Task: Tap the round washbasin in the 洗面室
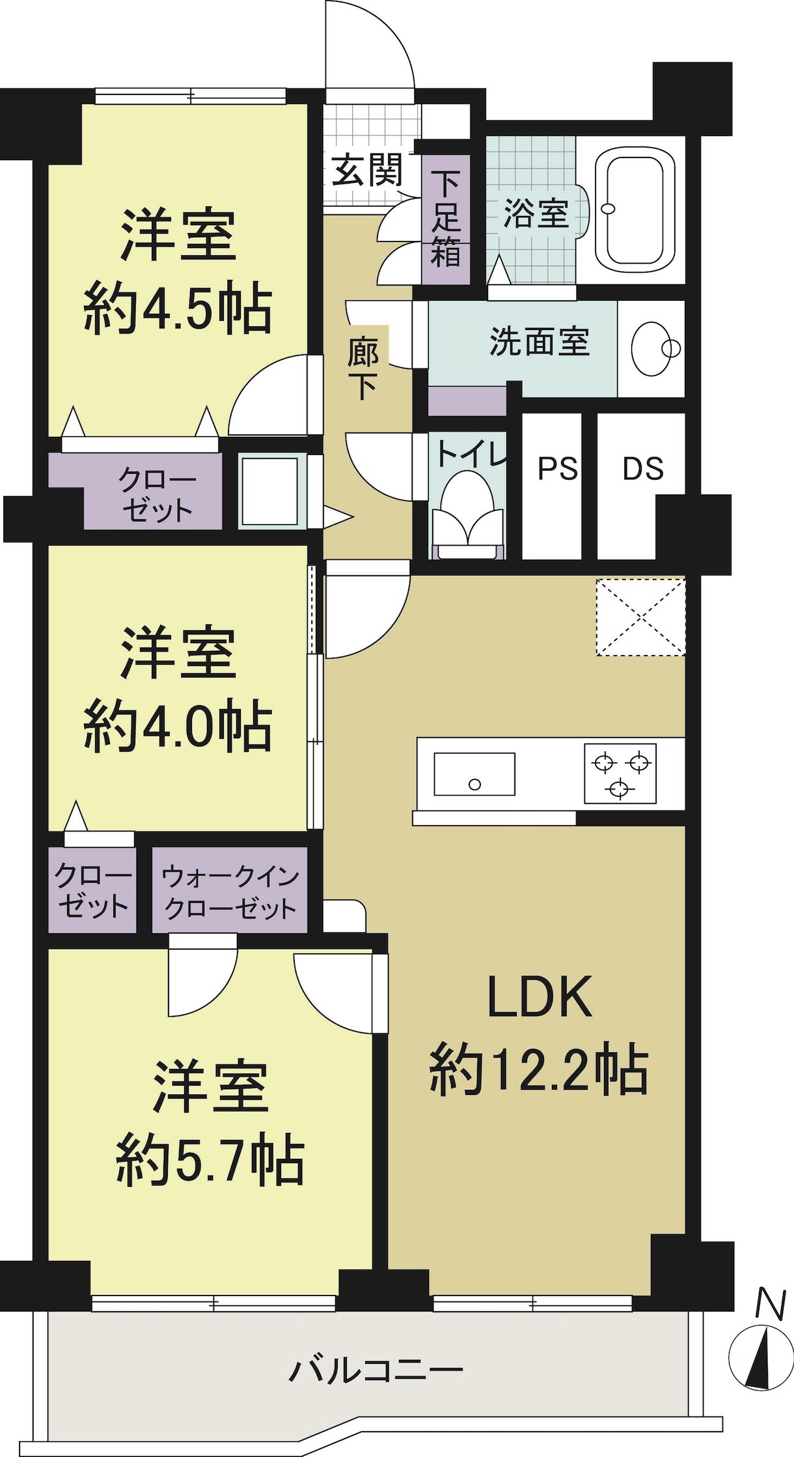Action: pyautogui.click(x=653, y=348)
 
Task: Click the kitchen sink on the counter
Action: pyautogui.click(x=474, y=774)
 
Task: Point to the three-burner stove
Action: pyautogui.click(x=620, y=773)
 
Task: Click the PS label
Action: pyautogui.click(x=558, y=469)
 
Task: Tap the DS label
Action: pyautogui.click(x=643, y=469)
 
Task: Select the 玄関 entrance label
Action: pyautogui.click(x=367, y=171)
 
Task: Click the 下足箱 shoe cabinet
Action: pyautogui.click(x=446, y=219)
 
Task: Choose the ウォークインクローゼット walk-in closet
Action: pyautogui.click(x=230, y=891)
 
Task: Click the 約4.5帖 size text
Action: pyautogui.click(x=178, y=308)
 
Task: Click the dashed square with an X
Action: pyautogui.click(x=640, y=616)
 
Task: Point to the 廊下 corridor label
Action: pyautogui.click(x=363, y=368)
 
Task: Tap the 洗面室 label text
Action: pyautogui.click(x=540, y=341)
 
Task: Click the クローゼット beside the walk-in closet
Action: pyautogui.click(x=92, y=891)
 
